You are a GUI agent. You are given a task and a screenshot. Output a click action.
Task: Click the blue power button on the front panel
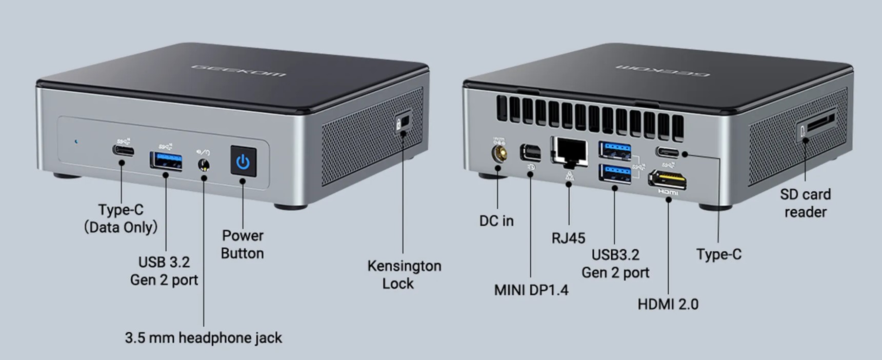point(243,162)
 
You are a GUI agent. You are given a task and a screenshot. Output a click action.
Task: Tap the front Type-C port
point(123,151)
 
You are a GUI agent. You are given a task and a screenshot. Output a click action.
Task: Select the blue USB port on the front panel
point(166,161)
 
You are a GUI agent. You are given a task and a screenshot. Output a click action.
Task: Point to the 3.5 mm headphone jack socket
point(204,165)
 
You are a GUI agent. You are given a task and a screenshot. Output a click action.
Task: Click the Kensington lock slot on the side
point(403,123)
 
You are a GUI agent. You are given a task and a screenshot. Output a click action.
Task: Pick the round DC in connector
point(497,153)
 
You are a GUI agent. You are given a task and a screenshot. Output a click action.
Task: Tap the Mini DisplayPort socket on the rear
point(530,152)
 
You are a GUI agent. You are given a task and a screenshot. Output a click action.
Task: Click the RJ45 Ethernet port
point(569,150)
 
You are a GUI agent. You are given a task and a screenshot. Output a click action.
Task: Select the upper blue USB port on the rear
point(615,150)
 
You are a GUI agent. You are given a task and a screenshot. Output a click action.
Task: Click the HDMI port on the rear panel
point(668,179)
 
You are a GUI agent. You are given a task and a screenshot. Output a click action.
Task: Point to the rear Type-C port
point(668,152)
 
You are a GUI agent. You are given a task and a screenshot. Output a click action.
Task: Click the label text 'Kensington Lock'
point(404,274)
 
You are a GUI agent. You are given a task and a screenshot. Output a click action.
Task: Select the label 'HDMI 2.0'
point(668,304)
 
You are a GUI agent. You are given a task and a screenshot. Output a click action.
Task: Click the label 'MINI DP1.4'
point(531,290)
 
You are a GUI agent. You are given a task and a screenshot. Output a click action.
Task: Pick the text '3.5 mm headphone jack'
point(203,337)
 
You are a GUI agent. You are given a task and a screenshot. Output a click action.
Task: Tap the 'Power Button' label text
point(242,244)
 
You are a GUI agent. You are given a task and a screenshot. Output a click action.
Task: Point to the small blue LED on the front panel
point(76,141)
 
